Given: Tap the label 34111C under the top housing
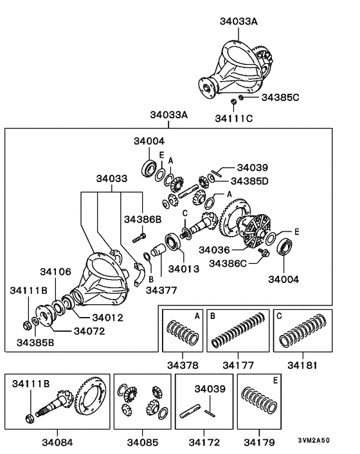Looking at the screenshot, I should pos(234,119).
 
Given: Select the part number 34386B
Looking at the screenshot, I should pos(143,220).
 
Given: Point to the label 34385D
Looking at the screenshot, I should pos(249,181).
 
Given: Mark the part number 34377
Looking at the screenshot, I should pos(161,290).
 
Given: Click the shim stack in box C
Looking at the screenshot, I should pos(305,331).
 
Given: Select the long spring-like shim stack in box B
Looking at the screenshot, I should pos(239,332).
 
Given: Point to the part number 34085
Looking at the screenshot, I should pos(143,442).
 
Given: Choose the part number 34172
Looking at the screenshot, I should pos(204,442).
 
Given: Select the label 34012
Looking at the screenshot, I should pos(107,317).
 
